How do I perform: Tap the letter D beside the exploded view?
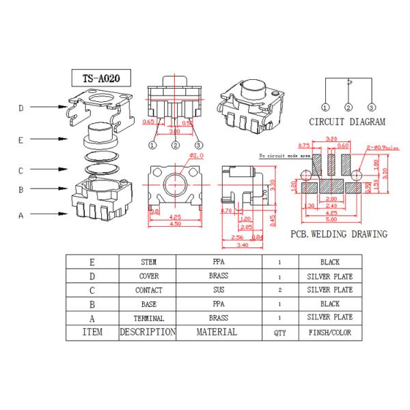(x=22, y=108)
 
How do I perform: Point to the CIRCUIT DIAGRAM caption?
(x=347, y=122)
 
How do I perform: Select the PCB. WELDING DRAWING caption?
(x=339, y=234)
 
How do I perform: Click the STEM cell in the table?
(x=148, y=262)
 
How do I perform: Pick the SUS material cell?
(x=219, y=290)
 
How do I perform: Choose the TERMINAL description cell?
(x=148, y=318)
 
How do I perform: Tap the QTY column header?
(x=279, y=333)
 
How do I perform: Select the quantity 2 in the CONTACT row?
(x=279, y=290)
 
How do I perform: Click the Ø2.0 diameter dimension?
(x=196, y=156)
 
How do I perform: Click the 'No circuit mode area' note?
(x=284, y=156)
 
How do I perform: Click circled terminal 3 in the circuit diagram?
(x=371, y=107)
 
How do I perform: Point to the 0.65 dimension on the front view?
(x=148, y=122)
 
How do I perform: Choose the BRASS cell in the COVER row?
(x=219, y=276)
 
